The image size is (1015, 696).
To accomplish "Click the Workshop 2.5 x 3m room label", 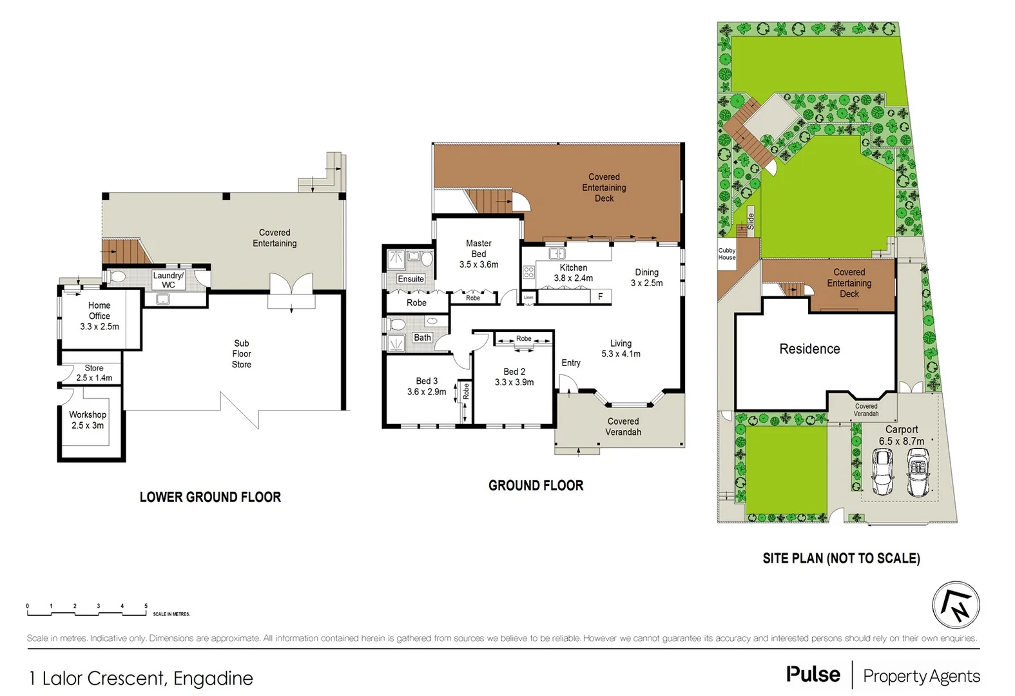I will click(x=88, y=420).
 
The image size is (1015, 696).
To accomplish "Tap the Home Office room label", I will click(x=99, y=316).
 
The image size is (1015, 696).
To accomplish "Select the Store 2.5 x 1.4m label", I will click(x=94, y=373).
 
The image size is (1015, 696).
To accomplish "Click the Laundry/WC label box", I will click(x=168, y=280).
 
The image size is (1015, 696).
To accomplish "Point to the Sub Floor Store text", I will click(x=242, y=354).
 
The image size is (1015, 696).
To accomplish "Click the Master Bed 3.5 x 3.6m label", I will click(x=478, y=254).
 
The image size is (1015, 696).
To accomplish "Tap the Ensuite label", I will click(x=411, y=279).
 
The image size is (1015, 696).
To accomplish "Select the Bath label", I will click(x=422, y=338).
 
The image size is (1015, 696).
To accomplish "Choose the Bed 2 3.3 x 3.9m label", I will click(x=514, y=377).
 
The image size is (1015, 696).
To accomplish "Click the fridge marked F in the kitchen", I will click(x=601, y=296).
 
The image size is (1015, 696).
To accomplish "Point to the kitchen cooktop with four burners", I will click(x=528, y=273).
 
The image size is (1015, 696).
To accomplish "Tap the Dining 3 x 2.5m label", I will click(x=646, y=278).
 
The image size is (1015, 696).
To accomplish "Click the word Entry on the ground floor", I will click(x=571, y=363).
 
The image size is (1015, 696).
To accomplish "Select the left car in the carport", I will click(x=882, y=472).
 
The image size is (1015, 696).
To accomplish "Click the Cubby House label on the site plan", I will click(x=726, y=254).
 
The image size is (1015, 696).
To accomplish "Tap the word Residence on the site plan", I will click(x=809, y=349).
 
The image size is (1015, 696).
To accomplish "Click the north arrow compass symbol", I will click(x=956, y=605).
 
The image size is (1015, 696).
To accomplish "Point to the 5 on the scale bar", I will click(x=146, y=606).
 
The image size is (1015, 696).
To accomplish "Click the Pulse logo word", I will click(x=813, y=675).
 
